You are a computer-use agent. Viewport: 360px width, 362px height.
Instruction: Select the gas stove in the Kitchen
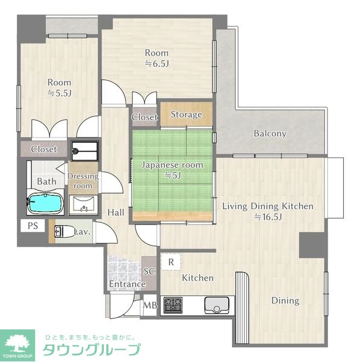pyautogui.click(x=174, y=304)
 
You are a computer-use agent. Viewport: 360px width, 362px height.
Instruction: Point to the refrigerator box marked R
pyautogui.click(x=172, y=262)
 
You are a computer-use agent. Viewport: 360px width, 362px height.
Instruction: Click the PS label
pyautogui.click(x=32, y=226)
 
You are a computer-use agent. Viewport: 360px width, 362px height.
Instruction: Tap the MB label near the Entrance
pyautogui.click(x=150, y=305)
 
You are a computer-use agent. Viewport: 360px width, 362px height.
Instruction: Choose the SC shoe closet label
pyautogui.click(x=150, y=271)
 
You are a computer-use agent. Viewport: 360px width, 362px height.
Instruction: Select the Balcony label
pyautogui.click(x=270, y=133)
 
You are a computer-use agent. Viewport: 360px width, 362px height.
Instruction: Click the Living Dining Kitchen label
pyautogui.click(x=268, y=206)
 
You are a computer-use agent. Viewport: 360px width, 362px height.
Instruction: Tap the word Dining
pyautogui.click(x=284, y=300)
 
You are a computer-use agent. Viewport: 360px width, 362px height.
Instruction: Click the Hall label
pyautogui.click(x=116, y=212)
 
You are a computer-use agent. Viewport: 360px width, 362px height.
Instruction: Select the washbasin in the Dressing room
pyautogui.click(x=83, y=206)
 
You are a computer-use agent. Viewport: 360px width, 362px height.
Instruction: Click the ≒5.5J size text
pyautogui.click(x=60, y=93)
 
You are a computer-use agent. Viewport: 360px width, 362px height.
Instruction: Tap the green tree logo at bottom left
pyautogui.click(x=19, y=341)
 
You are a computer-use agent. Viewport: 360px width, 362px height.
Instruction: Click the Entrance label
pyautogui.click(x=127, y=284)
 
